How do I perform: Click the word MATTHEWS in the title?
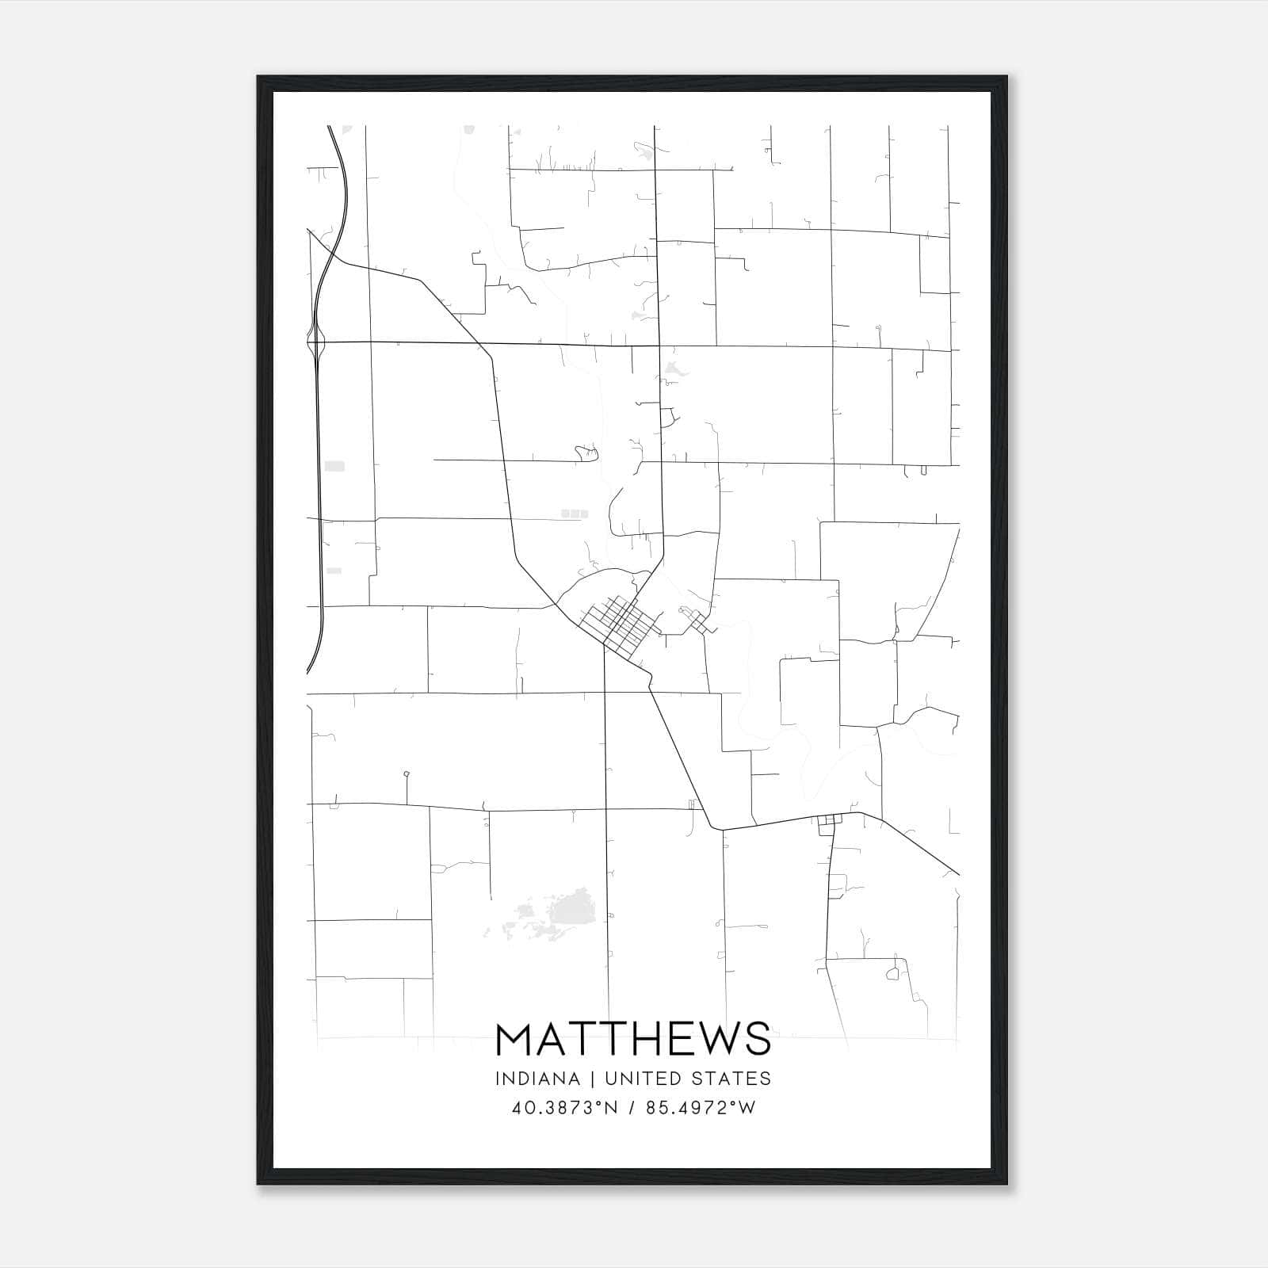point(632,1039)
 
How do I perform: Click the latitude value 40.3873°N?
point(565,1108)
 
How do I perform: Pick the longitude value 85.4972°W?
point(701,1108)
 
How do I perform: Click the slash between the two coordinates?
point(632,1108)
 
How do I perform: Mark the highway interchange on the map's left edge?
point(317,342)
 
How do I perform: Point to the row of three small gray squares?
point(575,514)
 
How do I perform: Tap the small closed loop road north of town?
point(587,453)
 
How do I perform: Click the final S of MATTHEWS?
point(758,1039)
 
